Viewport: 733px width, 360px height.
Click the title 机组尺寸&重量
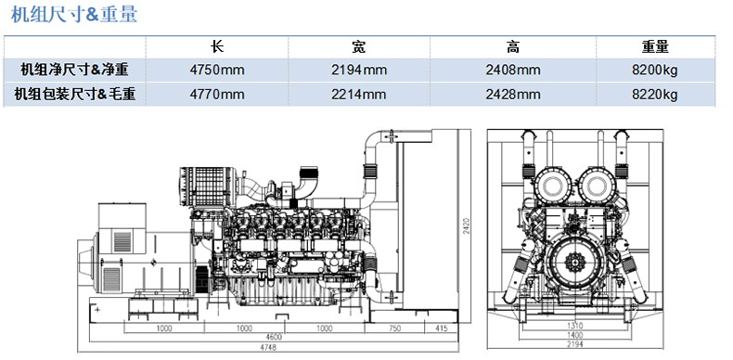coord(74,14)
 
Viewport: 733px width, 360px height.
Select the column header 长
coord(217,46)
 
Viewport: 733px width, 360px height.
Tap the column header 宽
coord(358,46)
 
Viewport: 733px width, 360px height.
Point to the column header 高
coord(513,46)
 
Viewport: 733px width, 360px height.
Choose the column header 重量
coord(655,46)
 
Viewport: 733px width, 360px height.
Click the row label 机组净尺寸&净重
coord(74,71)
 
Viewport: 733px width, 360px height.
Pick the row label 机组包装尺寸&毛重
coord(75,95)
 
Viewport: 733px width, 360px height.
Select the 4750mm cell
coord(217,71)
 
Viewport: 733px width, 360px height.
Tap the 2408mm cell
coord(513,71)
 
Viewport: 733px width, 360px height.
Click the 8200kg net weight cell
coord(654,71)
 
